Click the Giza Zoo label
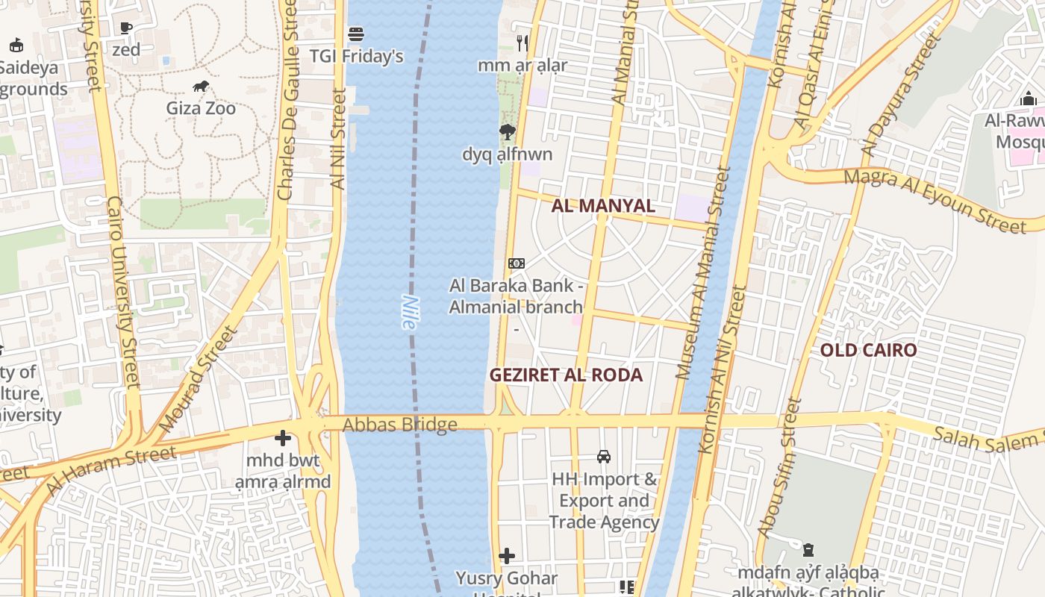pyautogui.click(x=201, y=109)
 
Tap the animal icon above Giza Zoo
pyautogui.click(x=201, y=87)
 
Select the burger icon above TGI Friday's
pyautogui.click(x=356, y=34)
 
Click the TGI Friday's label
pyautogui.click(x=356, y=56)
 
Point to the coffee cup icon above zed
pyautogui.click(x=126, y=28)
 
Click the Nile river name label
pyautogui.click(x=409, y=313)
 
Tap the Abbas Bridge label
pyautogui.click(x=399, y=425)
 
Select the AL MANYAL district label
pyautogui.click(x=603, y=206)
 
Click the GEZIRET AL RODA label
pyautogui.click(x=566, y=375)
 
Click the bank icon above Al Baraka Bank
pyautogui.click(x=516, y=263)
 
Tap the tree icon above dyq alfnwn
pyautogui.click(x=508, y=133)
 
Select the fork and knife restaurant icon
pyautogui.click(x=522, y=43)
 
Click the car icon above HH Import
pyautogui.click(x=604, y=457)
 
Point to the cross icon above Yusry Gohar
pyautogui.click(x=507, y=556)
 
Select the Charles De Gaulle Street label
pyautogui.click(x=287, y=101)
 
